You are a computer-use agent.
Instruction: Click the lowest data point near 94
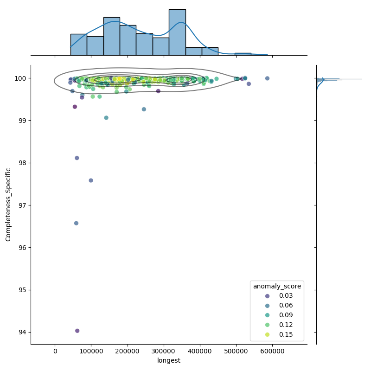coord(77,331)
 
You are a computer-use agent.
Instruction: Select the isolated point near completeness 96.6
coord(76,223)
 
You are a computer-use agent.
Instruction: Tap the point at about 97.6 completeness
coord(91,180)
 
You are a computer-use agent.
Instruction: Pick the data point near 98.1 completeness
coord(77,158)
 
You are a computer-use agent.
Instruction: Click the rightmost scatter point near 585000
coord(267,78)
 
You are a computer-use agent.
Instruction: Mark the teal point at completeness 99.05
coord(106,118)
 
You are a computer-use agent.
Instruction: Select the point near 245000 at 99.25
coord(144,109)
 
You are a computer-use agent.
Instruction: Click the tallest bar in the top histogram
coord(177,32)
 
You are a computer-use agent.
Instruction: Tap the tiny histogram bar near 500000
coord(243,54)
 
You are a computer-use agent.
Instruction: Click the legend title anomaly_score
coord(276,286)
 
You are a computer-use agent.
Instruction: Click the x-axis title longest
coord(169,360)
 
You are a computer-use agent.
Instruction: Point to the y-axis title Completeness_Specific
coord(8,205)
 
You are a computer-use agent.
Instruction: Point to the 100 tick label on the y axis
coord(21,78)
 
